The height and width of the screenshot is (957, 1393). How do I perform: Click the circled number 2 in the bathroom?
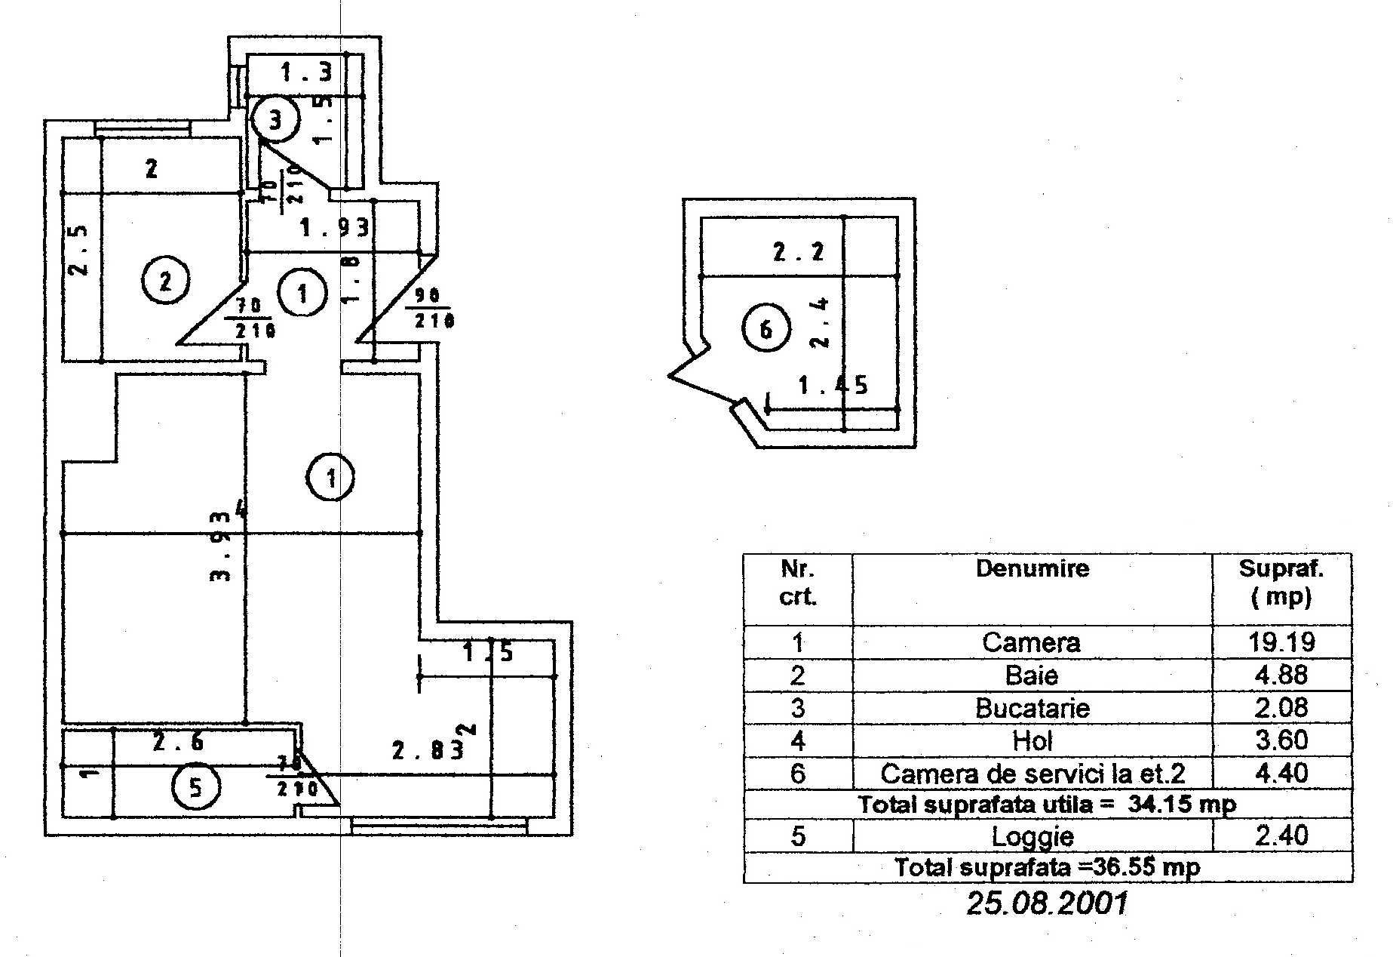point(165,281)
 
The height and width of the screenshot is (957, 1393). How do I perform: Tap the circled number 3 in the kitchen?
point(275,119)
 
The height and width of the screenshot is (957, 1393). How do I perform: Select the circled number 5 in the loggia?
point(195,787)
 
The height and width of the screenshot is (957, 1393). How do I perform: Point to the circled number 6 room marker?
point(766,329)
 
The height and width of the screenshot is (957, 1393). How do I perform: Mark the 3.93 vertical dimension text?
point(220,546)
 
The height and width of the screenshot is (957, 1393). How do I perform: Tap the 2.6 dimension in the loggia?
point(178,743)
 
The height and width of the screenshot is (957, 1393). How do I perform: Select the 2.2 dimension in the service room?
point(799,252)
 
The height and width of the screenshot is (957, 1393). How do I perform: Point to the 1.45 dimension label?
point(833,386)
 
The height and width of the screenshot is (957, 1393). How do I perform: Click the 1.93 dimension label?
point(335,226)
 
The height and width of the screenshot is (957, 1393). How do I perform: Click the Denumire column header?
point(1032,568)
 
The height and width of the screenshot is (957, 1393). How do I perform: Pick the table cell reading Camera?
point(1031,642)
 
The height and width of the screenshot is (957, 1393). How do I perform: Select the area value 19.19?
point(1281,642)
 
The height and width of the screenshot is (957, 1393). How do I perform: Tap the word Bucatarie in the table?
point(1032,708)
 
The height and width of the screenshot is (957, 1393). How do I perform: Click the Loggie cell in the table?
point(1032,836)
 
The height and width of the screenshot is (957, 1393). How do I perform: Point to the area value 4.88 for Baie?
point(1281,675)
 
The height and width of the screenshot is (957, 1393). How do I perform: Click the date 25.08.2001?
point(1047,903)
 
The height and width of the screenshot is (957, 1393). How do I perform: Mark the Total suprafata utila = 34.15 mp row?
point(1047,805)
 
